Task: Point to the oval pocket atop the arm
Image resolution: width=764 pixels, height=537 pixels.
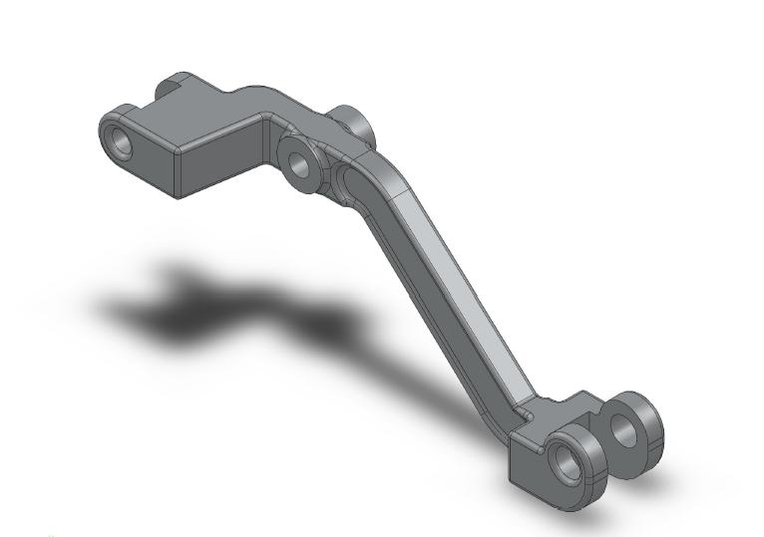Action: pos(351,183)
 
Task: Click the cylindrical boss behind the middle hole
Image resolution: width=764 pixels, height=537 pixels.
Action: pos(353,123)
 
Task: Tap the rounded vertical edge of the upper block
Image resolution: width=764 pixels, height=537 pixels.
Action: pos(177,169)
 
